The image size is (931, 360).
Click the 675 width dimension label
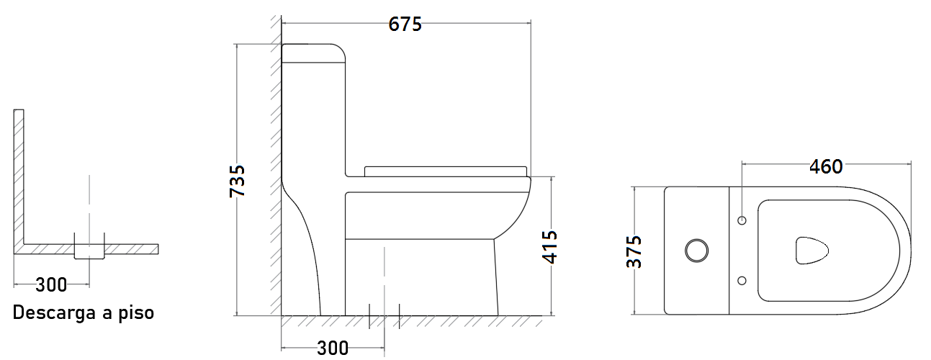coord(405,24)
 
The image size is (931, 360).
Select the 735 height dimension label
coord(238,181)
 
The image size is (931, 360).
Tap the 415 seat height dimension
coord(550,247)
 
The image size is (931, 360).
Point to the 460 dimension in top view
coord(826,167)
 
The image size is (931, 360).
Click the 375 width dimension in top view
coord(634,251)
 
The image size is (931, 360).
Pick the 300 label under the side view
coord(333,348)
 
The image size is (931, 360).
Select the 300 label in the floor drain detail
coord(51,285)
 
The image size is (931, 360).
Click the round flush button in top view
coord(696,251)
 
